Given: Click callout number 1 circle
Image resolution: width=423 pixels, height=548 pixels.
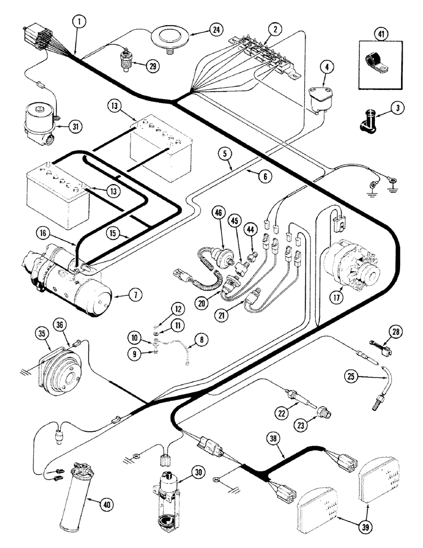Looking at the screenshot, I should [x=79, y=22].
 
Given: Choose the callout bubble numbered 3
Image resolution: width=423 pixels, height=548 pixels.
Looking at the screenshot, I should [x=399, y=108].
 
